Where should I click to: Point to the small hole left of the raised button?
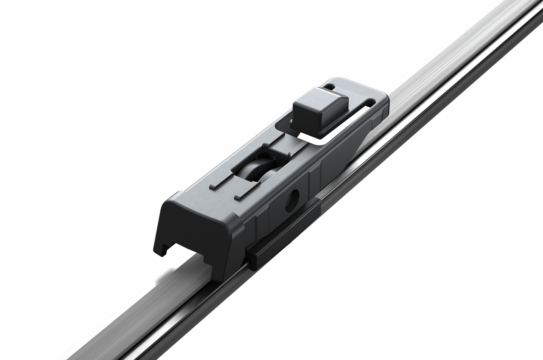pyautogui.click(x=329, y=87)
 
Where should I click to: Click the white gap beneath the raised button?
pyautogui.click(x=314, y=136)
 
